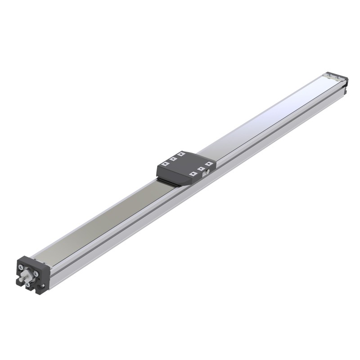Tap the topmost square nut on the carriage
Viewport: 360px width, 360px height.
pyautogui.click(x=181, y=154)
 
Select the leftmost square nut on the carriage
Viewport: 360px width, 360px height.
pyautogui.click(x=165, y=164)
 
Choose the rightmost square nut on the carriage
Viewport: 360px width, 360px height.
pyautogui.click(x=208, y=163)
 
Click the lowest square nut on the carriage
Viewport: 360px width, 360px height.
pyautogui.click(x=193, y=174)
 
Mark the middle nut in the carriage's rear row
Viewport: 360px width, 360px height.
pyautogui.click(x=173, y=159)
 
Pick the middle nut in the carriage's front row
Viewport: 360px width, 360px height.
pyautogui.click(x=201, y=168)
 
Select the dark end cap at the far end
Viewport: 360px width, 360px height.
pyautogui.click(x=344, y=83)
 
